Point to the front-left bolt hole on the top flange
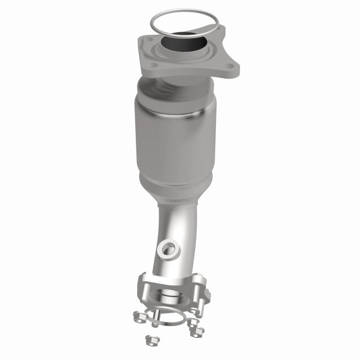click(153, 65)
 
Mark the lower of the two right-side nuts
click(197, 330)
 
